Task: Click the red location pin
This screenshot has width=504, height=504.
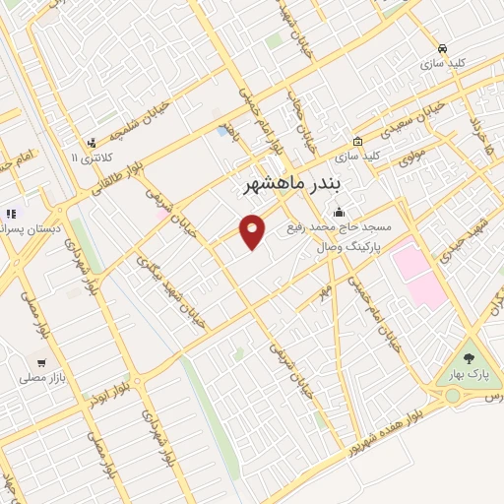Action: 254,232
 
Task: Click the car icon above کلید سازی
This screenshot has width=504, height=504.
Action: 443,48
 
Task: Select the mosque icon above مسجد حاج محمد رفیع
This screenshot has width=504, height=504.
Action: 340,211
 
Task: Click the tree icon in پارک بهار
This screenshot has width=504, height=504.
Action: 469,358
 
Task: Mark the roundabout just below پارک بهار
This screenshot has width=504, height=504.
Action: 453,396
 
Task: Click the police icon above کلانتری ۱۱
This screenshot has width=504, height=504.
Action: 92,142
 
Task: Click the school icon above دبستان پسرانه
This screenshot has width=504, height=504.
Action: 10,214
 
